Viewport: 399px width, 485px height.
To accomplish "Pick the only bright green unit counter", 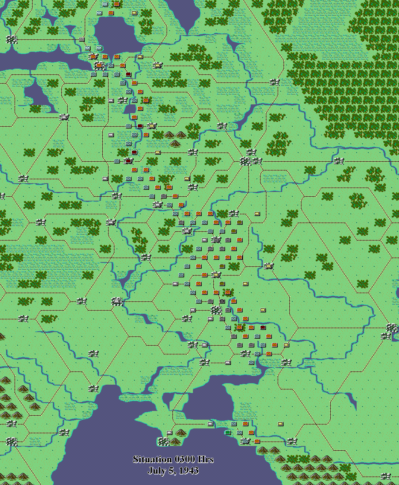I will (228, 432).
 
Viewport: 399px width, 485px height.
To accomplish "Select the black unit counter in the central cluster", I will (222, 301).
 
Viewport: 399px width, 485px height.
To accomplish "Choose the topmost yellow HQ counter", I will (134, 13).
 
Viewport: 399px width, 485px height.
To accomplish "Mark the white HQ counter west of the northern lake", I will (81, 39).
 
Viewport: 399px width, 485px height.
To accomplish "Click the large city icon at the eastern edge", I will (392, 328).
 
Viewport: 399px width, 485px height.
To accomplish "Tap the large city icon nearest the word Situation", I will (164, 442).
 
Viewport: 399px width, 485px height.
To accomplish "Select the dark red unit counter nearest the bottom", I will (263, 327).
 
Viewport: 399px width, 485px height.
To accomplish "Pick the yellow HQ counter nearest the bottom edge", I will (280, 424).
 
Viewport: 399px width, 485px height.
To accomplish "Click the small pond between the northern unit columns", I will (129, 109).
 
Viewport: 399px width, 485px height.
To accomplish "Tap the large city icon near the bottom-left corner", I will (12, 442).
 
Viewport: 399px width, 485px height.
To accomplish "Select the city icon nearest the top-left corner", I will (12, 39).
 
